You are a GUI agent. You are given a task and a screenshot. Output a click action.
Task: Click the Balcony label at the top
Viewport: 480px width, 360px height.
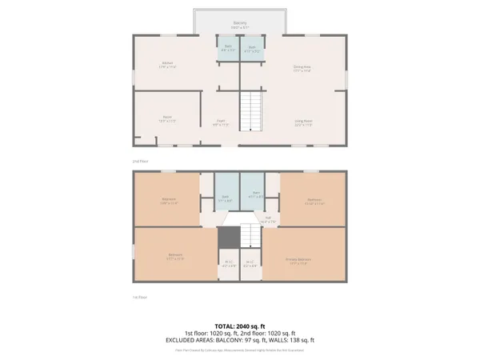coord(240,23)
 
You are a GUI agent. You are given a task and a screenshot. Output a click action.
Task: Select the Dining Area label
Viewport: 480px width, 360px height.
coord(302,68)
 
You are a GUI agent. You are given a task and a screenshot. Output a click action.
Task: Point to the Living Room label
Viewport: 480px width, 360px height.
coord(302,122)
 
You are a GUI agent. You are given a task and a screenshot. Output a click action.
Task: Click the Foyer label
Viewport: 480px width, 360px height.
coord(218,123)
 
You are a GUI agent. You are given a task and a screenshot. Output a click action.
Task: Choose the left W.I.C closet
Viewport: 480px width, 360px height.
coord(228,263)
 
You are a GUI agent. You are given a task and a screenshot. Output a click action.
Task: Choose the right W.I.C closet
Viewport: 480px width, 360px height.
coord(250,263)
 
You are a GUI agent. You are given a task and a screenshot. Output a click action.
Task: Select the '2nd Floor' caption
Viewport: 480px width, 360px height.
coord(139,161)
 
